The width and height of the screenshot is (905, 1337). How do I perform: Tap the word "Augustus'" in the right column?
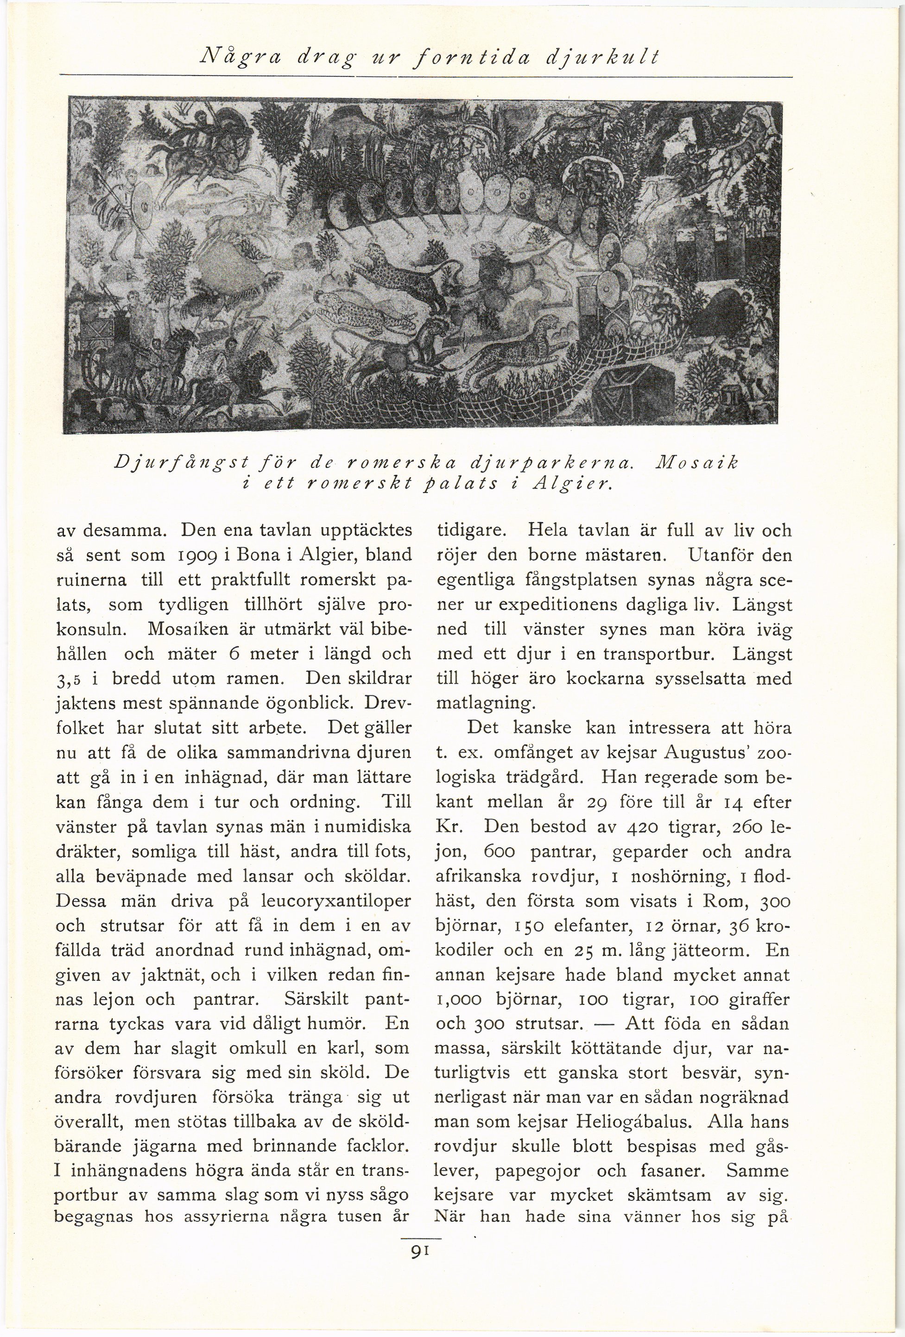pyautogui.click(x=705, y=752)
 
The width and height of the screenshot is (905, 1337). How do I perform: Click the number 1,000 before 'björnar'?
pyautogui.click(x=460, y=1000)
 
